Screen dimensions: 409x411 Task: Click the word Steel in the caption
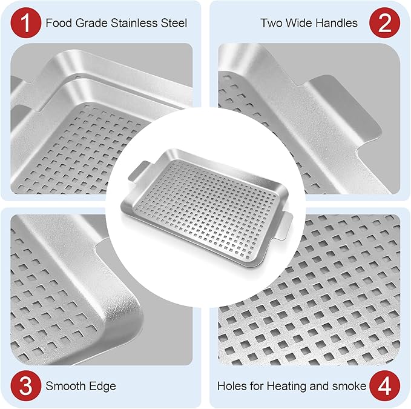[x=174, y=24]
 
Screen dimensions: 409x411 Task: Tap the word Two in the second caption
[x=271, y=24]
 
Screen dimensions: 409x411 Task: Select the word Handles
[x=336, y=24]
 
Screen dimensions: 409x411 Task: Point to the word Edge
[x=104, y=386]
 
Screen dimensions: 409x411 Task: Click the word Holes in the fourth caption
[x=231, y=386]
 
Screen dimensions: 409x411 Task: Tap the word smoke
[x=350, y=386]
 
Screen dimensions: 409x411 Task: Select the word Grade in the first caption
[x=92, y=24]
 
